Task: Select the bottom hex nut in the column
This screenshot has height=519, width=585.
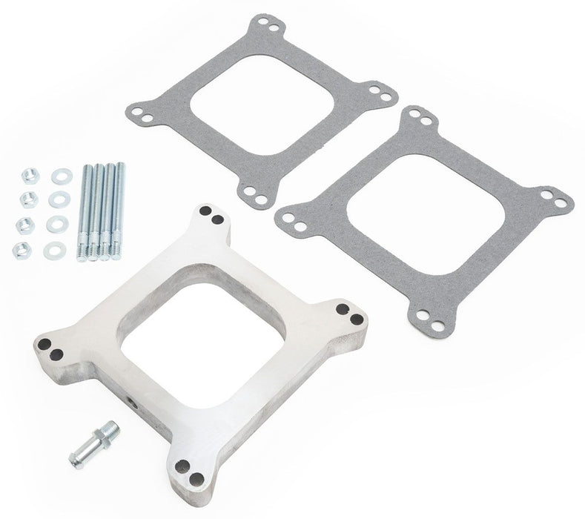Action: coord(22,250)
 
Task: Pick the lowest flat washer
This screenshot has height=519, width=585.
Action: coord(54,251)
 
